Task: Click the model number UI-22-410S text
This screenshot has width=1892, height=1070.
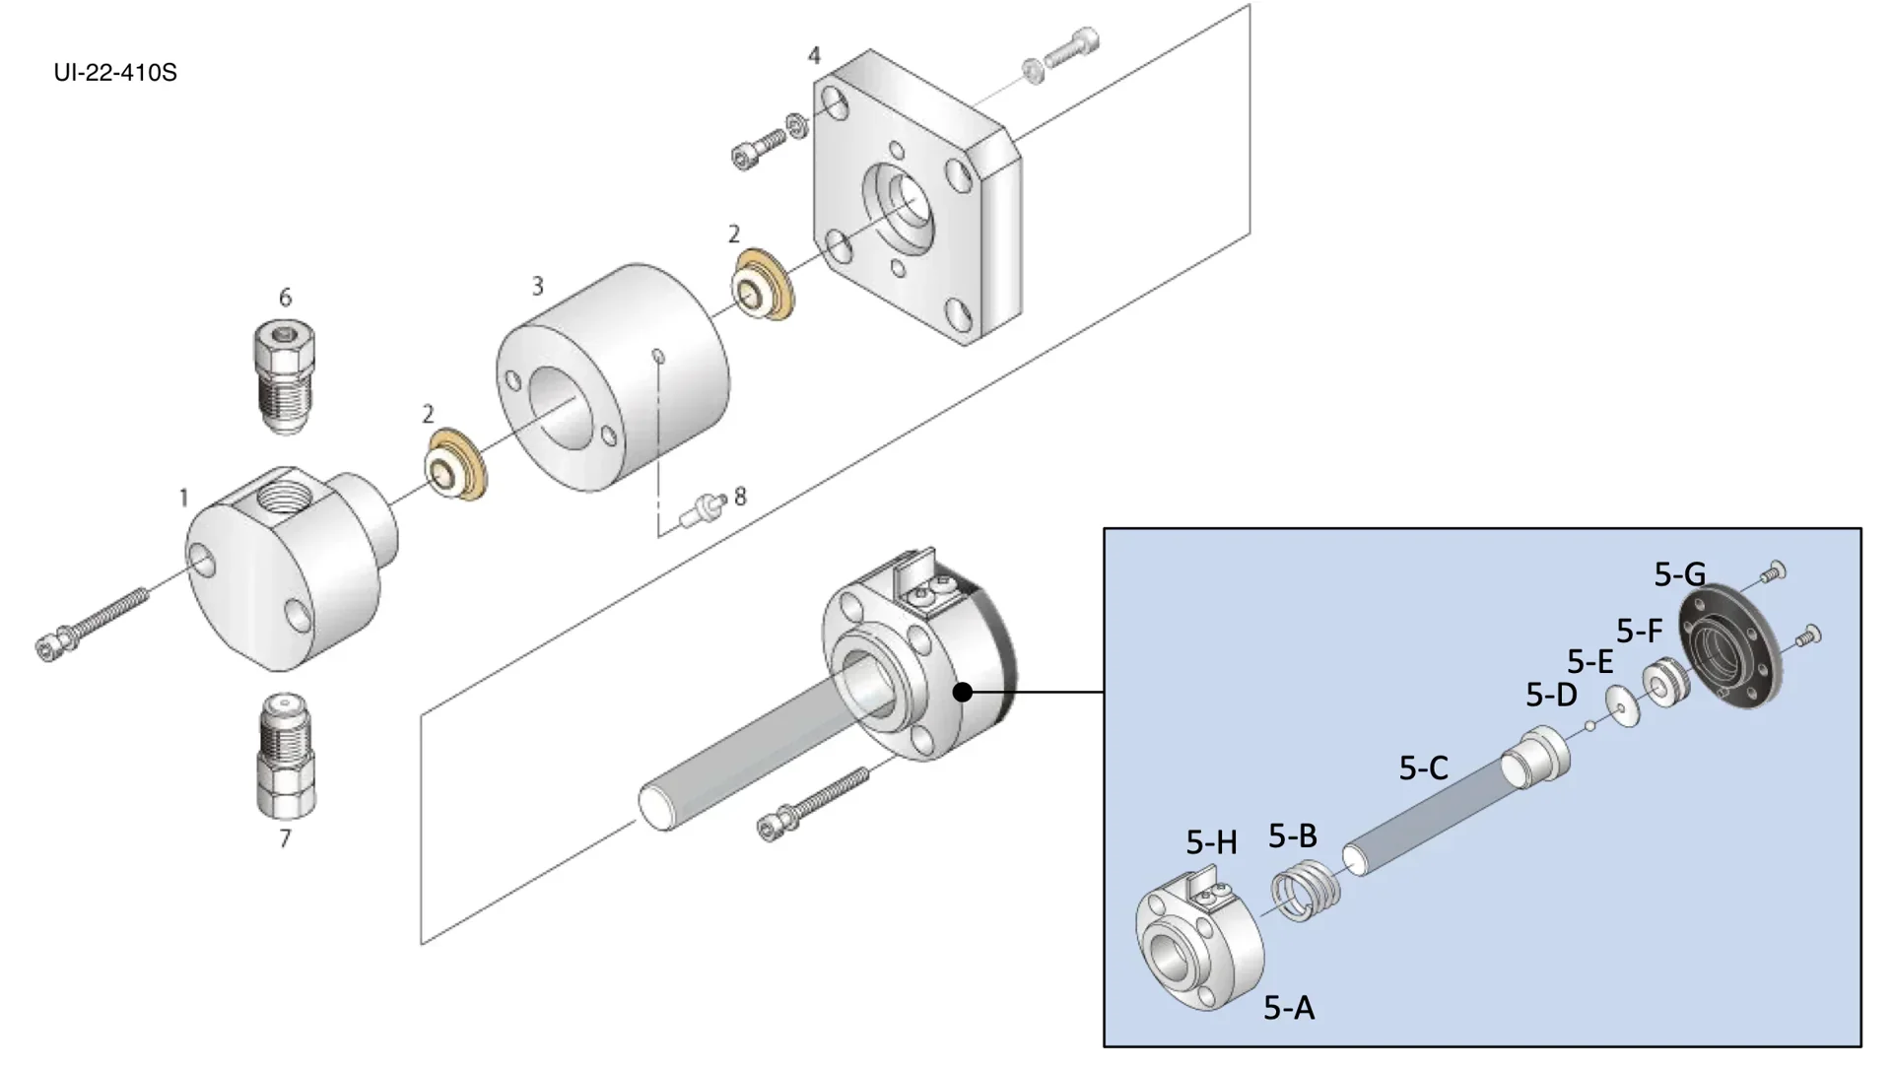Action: click(x=115, y=73)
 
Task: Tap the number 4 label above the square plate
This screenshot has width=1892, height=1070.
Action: click(x=814, y=55)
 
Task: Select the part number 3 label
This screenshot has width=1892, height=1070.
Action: click(x=537, y=286)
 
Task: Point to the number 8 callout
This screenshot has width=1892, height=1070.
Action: click(x=740, y=496)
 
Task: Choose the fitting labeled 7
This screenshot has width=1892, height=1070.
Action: click(x=285, y=754)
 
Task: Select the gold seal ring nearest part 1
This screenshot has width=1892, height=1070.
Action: click(x=454, y=464)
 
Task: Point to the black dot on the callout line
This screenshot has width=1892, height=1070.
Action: click(x=964, y=693)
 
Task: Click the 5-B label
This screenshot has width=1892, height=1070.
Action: click(x=1292, y=836)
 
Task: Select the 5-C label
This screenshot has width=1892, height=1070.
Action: click(x=1423, y=768)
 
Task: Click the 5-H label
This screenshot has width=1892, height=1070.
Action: click(x=1211, y=842)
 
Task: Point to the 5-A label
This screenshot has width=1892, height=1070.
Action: click(x=1289, y=1007)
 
